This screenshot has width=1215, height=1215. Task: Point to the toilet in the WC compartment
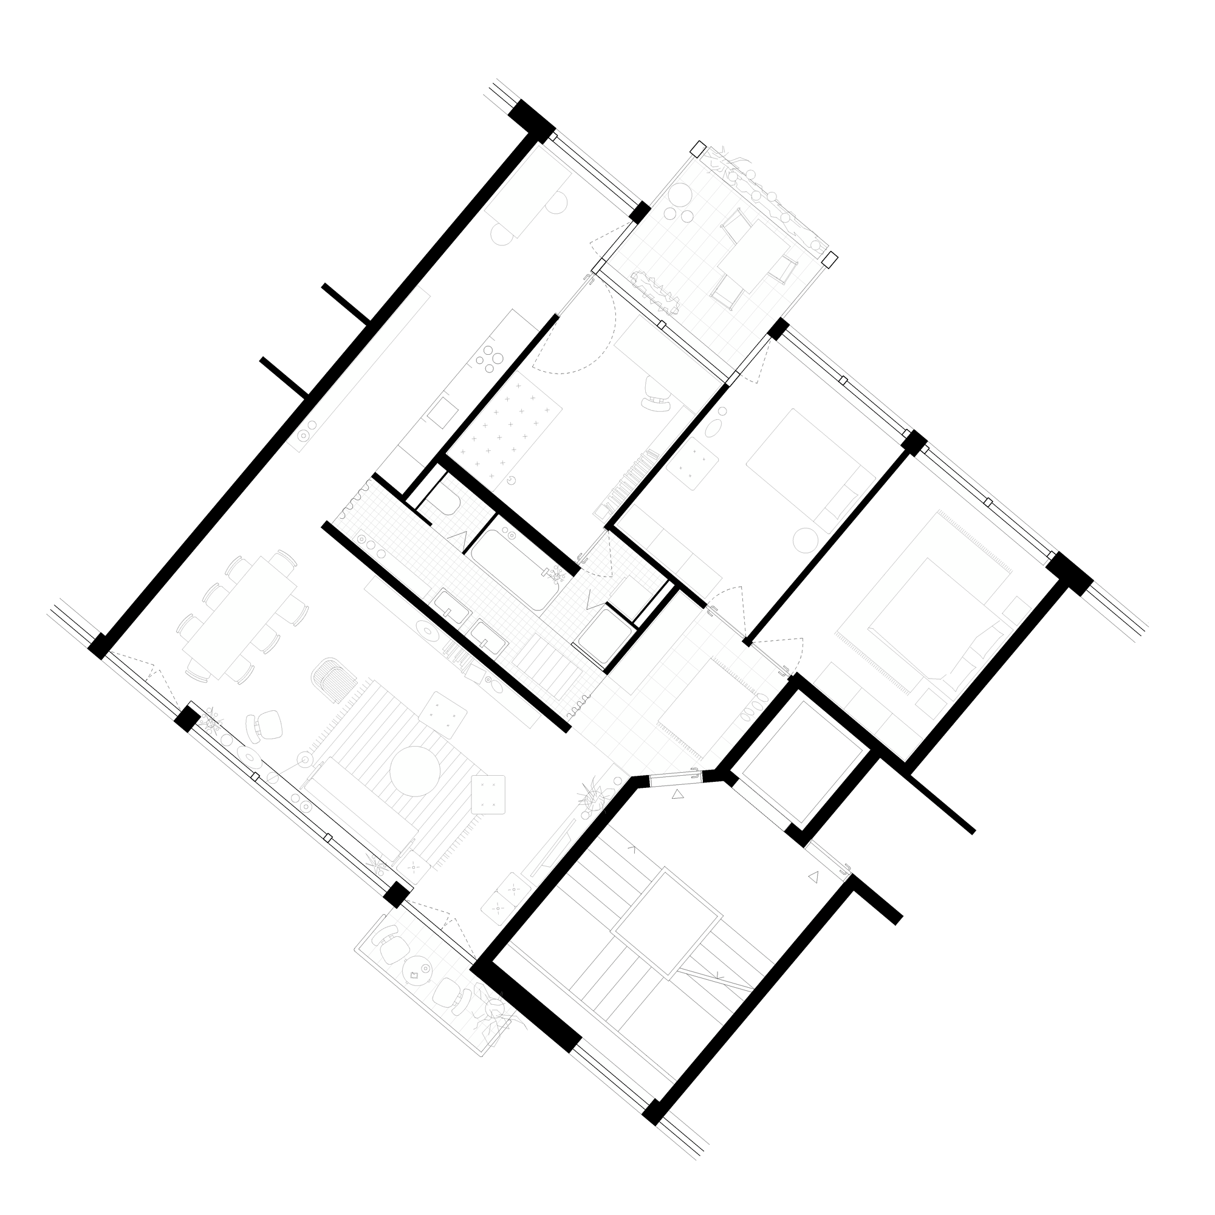click(x=448, y=500)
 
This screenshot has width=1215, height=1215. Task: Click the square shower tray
click(x=604, y=635)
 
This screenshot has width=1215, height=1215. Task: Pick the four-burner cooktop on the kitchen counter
click(x=489, y=359)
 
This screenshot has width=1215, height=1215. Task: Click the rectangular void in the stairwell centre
click(x=667, y=922)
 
